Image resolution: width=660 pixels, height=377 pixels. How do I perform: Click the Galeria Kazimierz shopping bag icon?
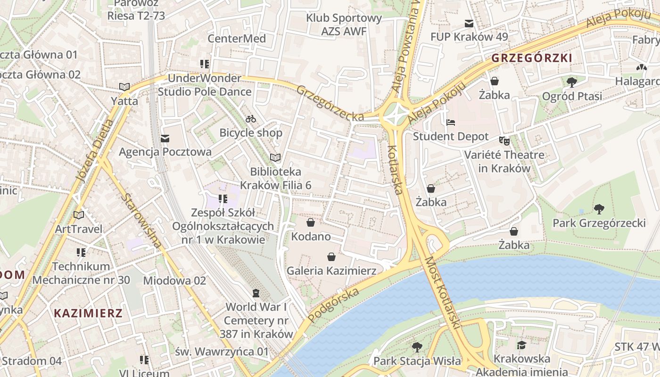pos(331,257)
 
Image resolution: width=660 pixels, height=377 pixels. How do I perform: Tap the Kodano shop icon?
pos(311,222)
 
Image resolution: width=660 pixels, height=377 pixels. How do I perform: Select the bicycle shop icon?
pos(251,119)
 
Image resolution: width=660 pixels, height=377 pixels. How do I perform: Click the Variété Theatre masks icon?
pos(504,140)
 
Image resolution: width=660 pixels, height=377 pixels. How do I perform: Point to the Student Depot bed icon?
pos(451,123)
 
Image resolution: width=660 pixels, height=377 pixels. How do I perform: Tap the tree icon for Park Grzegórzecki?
pos(599,209)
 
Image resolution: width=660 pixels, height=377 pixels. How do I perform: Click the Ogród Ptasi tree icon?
pos(572,82)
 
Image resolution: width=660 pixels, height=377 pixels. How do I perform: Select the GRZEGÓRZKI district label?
pos(532,58)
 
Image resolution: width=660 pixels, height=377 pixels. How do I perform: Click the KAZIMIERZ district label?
pos(88,313)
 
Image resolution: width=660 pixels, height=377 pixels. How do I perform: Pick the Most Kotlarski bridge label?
pos(443,293)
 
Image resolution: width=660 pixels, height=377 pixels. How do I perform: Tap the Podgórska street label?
pos(333,305)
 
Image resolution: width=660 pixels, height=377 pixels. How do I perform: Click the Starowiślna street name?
pos(141,220)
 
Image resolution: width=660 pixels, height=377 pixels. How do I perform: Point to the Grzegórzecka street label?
pos(330,103)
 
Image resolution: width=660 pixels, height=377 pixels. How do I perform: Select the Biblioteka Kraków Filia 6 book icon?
pos(275,157)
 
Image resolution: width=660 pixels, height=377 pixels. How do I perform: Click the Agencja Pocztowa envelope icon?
pos(165,139)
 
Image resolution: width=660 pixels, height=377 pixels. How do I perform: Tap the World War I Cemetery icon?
pos(256,293)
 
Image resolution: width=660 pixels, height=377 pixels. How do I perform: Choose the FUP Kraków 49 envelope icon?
pos(469,23)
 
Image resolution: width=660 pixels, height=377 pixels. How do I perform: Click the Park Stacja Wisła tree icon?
pos(417,347)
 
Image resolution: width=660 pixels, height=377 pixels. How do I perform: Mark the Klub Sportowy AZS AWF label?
pos(344,25)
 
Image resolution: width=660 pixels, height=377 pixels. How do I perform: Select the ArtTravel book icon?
pos(79,215)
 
